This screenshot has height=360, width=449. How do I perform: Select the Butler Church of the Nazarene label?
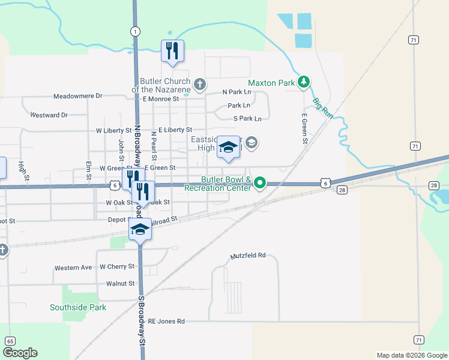pos(165,85)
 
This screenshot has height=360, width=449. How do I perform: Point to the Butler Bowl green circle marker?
pos(260,182)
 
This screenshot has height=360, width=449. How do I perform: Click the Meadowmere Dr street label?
pos(78,96)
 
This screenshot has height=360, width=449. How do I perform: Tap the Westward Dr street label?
pos(49,115)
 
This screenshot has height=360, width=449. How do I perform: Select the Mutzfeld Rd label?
pos(248,256)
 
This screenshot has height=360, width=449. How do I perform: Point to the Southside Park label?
pos(78,307)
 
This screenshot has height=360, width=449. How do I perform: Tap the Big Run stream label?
pos(322,108)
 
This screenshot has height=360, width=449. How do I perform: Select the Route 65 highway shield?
pos(10,341)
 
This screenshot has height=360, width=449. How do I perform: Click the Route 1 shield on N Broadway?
pos(136,31)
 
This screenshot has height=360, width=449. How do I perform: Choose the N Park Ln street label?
pos(236,92)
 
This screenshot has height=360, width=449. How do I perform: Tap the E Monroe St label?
pos(161,98)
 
